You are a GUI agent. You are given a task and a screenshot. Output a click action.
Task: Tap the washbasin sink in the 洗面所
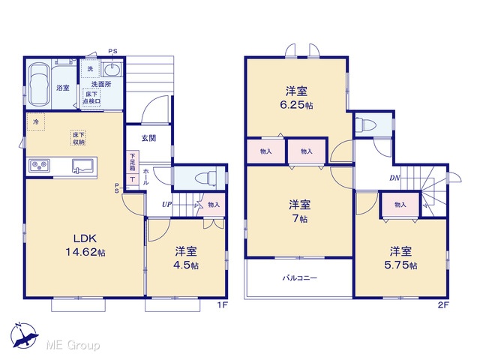click(x=112, y=70)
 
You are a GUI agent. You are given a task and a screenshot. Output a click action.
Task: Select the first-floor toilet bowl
click(x=206, y=178)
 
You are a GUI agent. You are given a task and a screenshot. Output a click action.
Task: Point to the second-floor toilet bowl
click(x=367, y=124)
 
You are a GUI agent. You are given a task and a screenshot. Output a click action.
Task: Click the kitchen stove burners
click(x=39, y=166)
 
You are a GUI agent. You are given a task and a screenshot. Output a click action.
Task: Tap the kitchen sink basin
click(x=82, y=166)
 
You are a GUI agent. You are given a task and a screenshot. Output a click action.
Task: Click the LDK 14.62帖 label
click(x=85, y=245)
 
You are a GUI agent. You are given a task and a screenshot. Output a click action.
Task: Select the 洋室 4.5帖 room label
click(x=186, y=258)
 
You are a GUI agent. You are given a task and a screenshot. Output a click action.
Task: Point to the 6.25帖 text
click(x=296, y=105)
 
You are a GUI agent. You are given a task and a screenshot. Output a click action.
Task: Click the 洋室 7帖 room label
click(x=300, y=211)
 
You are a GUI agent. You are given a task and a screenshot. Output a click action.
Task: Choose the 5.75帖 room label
click(x=400, y=265)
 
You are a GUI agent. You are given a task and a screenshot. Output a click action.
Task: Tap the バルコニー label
click(x=300, y=278)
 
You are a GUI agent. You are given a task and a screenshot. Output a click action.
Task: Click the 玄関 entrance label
click(x=149, y=138)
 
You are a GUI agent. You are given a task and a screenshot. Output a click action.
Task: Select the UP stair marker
click(x=166, y=205)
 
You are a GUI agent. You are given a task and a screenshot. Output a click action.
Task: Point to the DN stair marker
click(x=395, y=178)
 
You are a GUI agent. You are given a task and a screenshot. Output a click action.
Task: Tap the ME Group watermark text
click(x=73, y=345)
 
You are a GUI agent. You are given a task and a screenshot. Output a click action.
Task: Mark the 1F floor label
click(x=222, y=305)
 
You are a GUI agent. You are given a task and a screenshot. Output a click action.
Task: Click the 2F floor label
click(x=443, y=305)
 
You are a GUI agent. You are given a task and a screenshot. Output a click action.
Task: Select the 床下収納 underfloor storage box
click(x=78, y=138)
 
